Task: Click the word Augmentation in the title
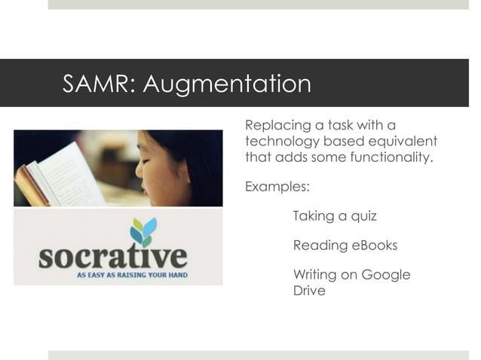(x=227, y=84)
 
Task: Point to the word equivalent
(x=405, y=142)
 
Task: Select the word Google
(x=386, y=275)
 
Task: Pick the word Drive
(x=309, y=291)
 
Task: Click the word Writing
(x=316, y=275)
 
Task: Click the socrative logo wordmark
(x=113, y=257)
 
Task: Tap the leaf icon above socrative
(x=142, y=230)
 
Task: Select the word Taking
(x=313, y=216)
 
